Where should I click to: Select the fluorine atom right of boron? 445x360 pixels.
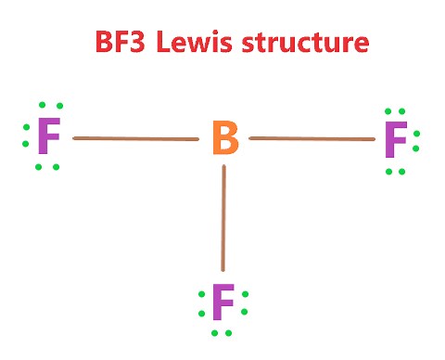395,140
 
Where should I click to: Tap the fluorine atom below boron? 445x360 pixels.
222,302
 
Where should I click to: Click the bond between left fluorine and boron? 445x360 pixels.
135,139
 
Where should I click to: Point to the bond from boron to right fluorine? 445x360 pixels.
311,139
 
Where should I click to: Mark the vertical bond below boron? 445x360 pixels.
223,218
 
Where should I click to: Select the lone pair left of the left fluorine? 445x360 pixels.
25,140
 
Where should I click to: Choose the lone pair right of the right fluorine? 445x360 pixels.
417,140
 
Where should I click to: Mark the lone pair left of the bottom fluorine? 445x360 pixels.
200,302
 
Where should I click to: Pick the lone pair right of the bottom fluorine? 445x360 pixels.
246,302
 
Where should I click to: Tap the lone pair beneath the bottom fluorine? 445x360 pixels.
222,331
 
